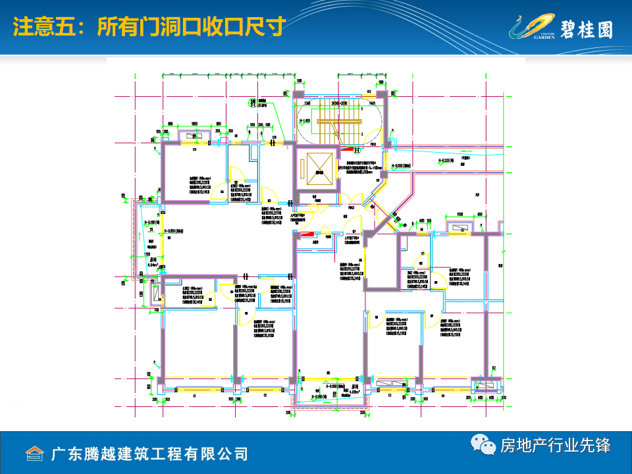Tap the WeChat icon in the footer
pos(485,446)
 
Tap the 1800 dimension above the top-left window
pos(195,124)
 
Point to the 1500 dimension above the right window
pos(460,215)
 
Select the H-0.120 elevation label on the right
pos(448,160)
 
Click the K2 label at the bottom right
pos(493,369)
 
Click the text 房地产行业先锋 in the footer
pos(556,446)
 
